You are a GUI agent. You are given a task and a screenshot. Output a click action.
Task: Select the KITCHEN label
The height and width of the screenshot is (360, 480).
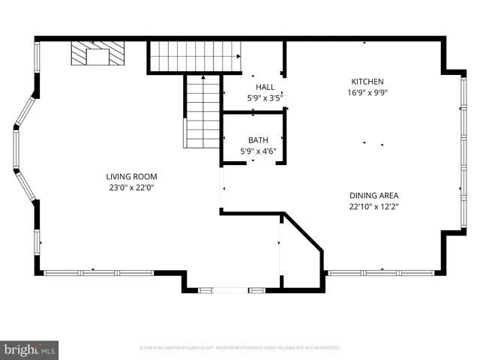(367, 82)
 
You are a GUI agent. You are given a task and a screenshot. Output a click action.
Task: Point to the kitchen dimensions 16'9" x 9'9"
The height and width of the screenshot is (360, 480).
(367, 93)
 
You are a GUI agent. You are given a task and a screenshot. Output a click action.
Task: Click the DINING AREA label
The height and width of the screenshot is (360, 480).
(373, 195)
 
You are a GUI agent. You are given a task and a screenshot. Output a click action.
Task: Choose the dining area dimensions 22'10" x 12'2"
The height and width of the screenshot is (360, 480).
(373, 206)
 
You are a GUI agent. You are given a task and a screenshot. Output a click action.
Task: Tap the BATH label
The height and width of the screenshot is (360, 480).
(258, 139)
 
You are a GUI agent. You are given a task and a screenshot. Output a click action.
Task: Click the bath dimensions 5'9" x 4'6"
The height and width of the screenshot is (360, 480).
(258, 151)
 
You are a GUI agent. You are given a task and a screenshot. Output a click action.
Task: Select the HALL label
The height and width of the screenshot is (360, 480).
(264, 86)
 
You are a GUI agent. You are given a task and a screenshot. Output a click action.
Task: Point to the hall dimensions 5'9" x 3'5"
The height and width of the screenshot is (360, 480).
(264, 97)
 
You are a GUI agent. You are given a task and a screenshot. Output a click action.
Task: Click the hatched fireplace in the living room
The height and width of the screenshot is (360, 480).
(97, 55)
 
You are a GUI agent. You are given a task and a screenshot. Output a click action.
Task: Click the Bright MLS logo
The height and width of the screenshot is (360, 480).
(30, 349)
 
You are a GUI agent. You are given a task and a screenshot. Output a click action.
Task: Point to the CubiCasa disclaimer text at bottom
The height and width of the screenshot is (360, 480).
(240, 347)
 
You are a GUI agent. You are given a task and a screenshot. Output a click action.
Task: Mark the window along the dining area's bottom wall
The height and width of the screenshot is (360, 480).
(381, 272)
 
